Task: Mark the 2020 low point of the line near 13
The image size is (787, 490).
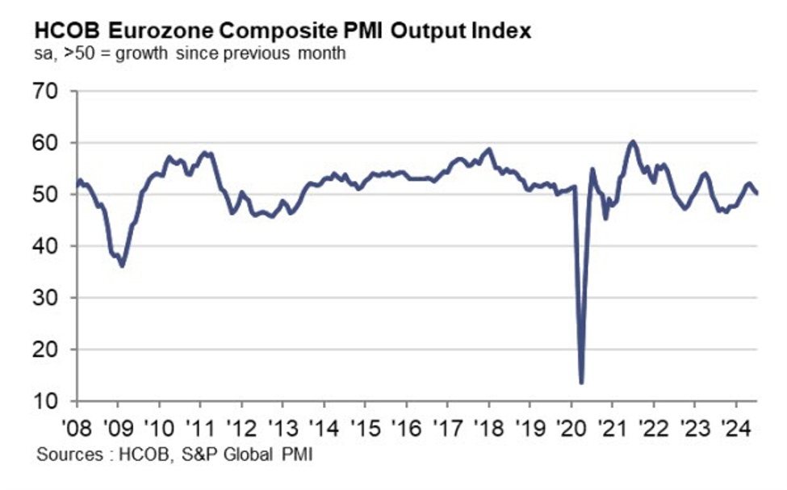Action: click(x=581, y=383)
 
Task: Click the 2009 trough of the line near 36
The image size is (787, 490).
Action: click(x=122, y=266)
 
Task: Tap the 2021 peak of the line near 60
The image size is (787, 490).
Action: click(x=632, y=142)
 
